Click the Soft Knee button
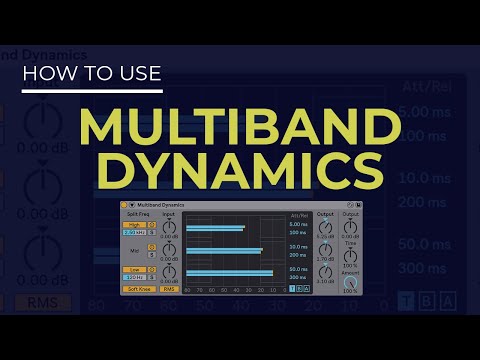pos(137,289)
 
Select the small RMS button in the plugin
pos(168,289)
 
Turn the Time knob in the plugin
pos(350,257)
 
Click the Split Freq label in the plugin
pos(138,214)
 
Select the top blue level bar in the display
pos(215,229)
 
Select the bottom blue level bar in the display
pos(229,272)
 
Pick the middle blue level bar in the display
pos(223,251)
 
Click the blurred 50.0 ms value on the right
pos(437,243)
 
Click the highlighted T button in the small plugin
pos(292,289)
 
